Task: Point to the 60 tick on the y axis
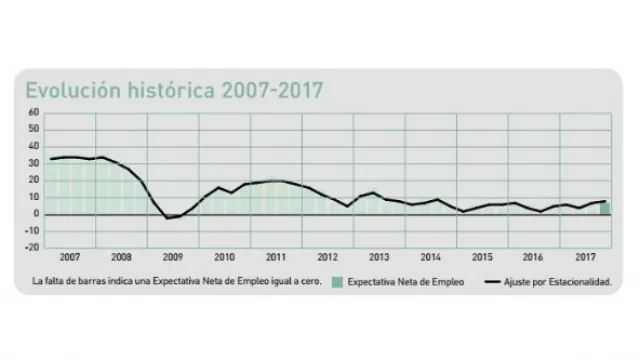click(x=33, y=112)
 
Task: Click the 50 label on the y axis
click(x=33, y=129)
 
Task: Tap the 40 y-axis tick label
click(x=33, y=146)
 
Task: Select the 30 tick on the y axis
click(x=33, y=163)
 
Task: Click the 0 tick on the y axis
click(x=35, y=214)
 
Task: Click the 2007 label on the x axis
click(x=70, y=257)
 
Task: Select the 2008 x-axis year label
click(x=121, y=257)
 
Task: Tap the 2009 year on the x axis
click(x=173, y=257)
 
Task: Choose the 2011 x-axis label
click(x=276, y=257)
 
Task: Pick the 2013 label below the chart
click(x=379, y=257)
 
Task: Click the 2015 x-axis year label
click(x=482, y=257)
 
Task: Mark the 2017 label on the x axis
click(x=585, y=257)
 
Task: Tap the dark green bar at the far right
click(x=605, y=208)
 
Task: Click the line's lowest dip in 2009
click(x=170, y=218)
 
